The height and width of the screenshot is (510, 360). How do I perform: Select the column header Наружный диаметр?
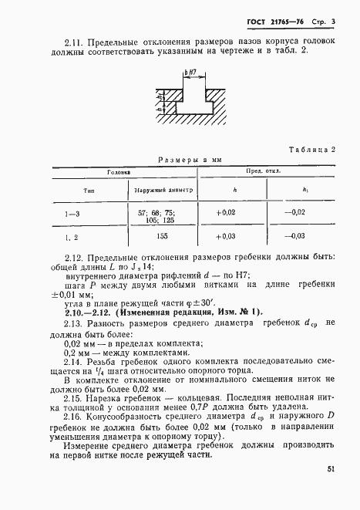(164, 189)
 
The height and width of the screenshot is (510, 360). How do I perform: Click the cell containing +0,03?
(226, 237)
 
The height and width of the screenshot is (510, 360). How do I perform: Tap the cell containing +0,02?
(226, 212)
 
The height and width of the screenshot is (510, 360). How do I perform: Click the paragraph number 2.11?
(76, 39)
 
